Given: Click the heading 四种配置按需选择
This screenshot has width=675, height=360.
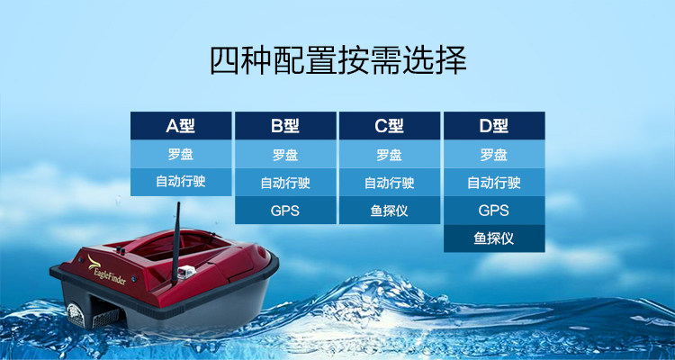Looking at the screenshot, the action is (338, 60).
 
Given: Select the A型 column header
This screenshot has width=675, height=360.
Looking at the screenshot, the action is (181, 126).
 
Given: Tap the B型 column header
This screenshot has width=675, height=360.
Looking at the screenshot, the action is (285, 126).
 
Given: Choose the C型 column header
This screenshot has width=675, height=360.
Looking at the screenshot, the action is (390, 126).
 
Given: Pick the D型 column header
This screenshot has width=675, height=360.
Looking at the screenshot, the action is (494, 126).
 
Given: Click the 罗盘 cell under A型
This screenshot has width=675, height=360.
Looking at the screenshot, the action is (181, 154).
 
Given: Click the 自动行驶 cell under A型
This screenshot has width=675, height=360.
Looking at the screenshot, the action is (181, 182).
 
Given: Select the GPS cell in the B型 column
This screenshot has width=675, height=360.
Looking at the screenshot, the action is (285, 211).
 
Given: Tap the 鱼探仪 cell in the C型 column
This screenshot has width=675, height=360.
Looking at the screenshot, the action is (390, 211).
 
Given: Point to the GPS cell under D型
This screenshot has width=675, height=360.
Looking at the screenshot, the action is (494, 211).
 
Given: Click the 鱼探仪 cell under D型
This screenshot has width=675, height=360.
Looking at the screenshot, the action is (494, 238).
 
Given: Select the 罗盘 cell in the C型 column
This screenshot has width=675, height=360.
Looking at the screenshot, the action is (390, 154).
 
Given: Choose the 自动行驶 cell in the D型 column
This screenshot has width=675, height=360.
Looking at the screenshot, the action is (494, 182).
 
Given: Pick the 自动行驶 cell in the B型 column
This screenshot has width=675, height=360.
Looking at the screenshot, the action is (285, 182).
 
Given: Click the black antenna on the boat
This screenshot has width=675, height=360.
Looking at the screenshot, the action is (175, 243).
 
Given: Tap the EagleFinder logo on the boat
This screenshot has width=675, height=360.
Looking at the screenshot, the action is (106, 270).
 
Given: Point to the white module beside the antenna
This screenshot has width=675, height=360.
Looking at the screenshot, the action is (187, 272).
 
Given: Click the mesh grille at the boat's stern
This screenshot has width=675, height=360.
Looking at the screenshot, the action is (76, 315).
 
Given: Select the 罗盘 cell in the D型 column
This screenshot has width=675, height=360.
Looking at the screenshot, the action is (494, 154).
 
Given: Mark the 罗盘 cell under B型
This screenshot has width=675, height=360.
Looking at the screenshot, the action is (285, 154).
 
